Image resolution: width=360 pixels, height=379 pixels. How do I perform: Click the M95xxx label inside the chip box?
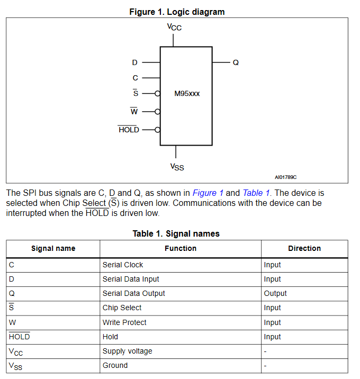(187, 94)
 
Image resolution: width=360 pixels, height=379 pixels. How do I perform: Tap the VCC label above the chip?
(174, 27)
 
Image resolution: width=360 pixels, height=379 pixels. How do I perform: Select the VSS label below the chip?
(177, 167)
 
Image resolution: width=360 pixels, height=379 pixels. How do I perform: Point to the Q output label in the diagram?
(236, 62)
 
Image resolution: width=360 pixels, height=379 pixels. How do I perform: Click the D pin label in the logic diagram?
(134, 62)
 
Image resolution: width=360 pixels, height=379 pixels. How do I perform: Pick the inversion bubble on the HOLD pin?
(157, 130)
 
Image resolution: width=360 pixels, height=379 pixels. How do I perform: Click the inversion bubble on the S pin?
(157, 94)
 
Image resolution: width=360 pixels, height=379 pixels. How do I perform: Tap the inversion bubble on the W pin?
(157, 112)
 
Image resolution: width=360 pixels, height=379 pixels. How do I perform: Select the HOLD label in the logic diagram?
(129, 130)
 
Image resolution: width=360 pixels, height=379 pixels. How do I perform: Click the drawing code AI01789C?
(285, 177)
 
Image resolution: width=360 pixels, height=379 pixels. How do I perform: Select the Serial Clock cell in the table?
(123, 265)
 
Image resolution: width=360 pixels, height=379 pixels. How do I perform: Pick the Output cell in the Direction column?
(275, 293)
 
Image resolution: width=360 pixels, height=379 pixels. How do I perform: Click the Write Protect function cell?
(124, 322)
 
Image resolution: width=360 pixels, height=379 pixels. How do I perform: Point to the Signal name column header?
(53, 248)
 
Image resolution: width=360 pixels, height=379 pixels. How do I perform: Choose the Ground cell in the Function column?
(115, 365)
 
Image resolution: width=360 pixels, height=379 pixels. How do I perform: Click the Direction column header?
(304, 248)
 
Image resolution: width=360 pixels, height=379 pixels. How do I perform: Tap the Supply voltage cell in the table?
(128, 351)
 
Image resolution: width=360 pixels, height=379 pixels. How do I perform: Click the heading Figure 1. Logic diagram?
(177, 12)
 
